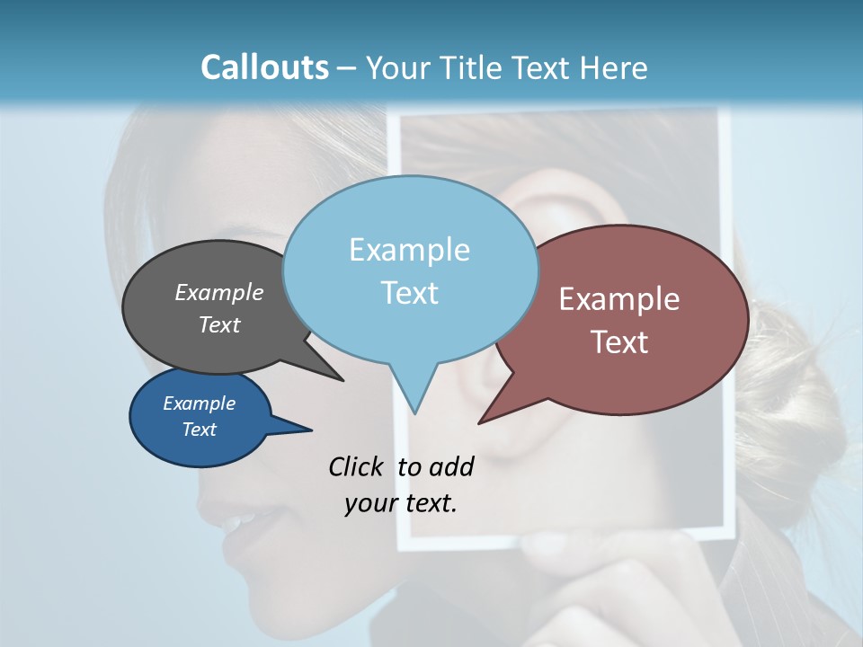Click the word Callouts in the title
tap(264, 67)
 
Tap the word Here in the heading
tap(614, 67)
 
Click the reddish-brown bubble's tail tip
tap(480, 421)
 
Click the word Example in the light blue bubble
tap(409, 250)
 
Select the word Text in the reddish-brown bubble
tap(619, 342)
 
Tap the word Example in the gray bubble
tap(219, 292)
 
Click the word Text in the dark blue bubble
tap(200, 430)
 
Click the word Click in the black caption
tap(357, 466)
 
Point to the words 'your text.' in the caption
tap(401, 503)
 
